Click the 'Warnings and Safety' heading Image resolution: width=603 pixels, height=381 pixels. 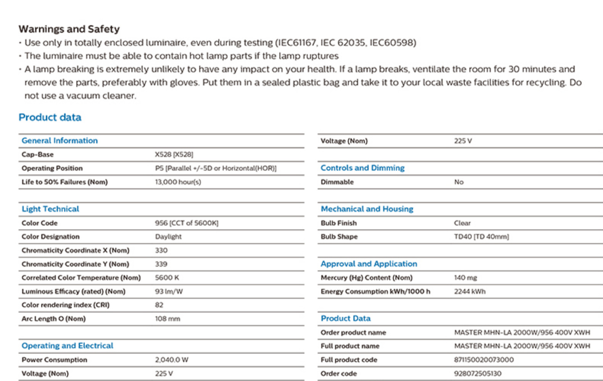(x=69, y=29)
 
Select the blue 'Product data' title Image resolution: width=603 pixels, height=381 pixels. (x=50, y=117)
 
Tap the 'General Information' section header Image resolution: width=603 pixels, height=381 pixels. (x=60, y=141)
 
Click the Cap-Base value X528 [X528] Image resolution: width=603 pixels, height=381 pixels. (x=174, y=154)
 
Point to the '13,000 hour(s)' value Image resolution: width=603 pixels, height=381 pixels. (x=178, y=182)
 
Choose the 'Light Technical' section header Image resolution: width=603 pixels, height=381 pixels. (x=50, y=209)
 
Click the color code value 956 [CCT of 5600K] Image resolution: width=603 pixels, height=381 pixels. (x=187, y=223)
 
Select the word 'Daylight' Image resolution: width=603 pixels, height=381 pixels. (x=168, y=237)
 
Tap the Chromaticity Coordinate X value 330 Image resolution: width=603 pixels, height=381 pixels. (x=161, y=250)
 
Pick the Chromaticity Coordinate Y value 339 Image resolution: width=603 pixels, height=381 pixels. (x=161, y=264)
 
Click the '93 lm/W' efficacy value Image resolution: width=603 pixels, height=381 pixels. (x=169, y=291)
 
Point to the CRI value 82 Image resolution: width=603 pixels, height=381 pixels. (x=159, y=305)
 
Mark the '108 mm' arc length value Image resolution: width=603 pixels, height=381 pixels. (x=168, y=319)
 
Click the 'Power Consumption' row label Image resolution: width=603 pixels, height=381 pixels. (x=55, y=360)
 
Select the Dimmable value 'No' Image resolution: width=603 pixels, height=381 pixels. (x=459, y=182)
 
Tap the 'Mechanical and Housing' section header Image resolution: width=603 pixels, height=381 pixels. (x=367, y=209)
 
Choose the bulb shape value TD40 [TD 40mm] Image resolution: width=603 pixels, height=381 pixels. (x=481, y=237)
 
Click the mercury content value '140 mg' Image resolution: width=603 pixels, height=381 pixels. (x=466, y=278)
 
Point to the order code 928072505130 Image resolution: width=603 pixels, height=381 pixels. (x=478, y=373)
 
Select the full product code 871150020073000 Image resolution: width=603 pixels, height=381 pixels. (x=484, y=360)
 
